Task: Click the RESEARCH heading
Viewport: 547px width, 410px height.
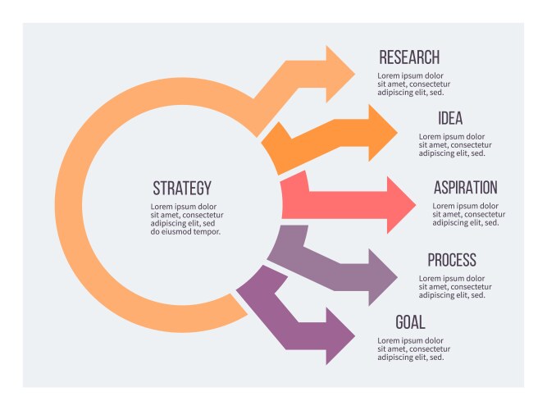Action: (409, 57)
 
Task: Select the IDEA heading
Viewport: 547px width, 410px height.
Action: (450, 118)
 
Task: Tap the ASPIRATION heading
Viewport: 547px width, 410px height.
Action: (465, 187)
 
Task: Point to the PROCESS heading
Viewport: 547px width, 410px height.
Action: (451, 261)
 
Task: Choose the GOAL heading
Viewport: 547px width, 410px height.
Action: (410, 322)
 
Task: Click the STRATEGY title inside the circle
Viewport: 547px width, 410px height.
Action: (182, 188)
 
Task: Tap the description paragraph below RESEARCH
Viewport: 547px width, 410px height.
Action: (413, 84)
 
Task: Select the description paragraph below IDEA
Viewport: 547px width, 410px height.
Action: (452, 145)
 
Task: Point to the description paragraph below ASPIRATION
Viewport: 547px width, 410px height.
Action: (465, 214)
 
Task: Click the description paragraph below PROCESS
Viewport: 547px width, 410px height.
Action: (452, 287)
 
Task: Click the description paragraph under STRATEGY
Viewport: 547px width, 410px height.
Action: (186, 219)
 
